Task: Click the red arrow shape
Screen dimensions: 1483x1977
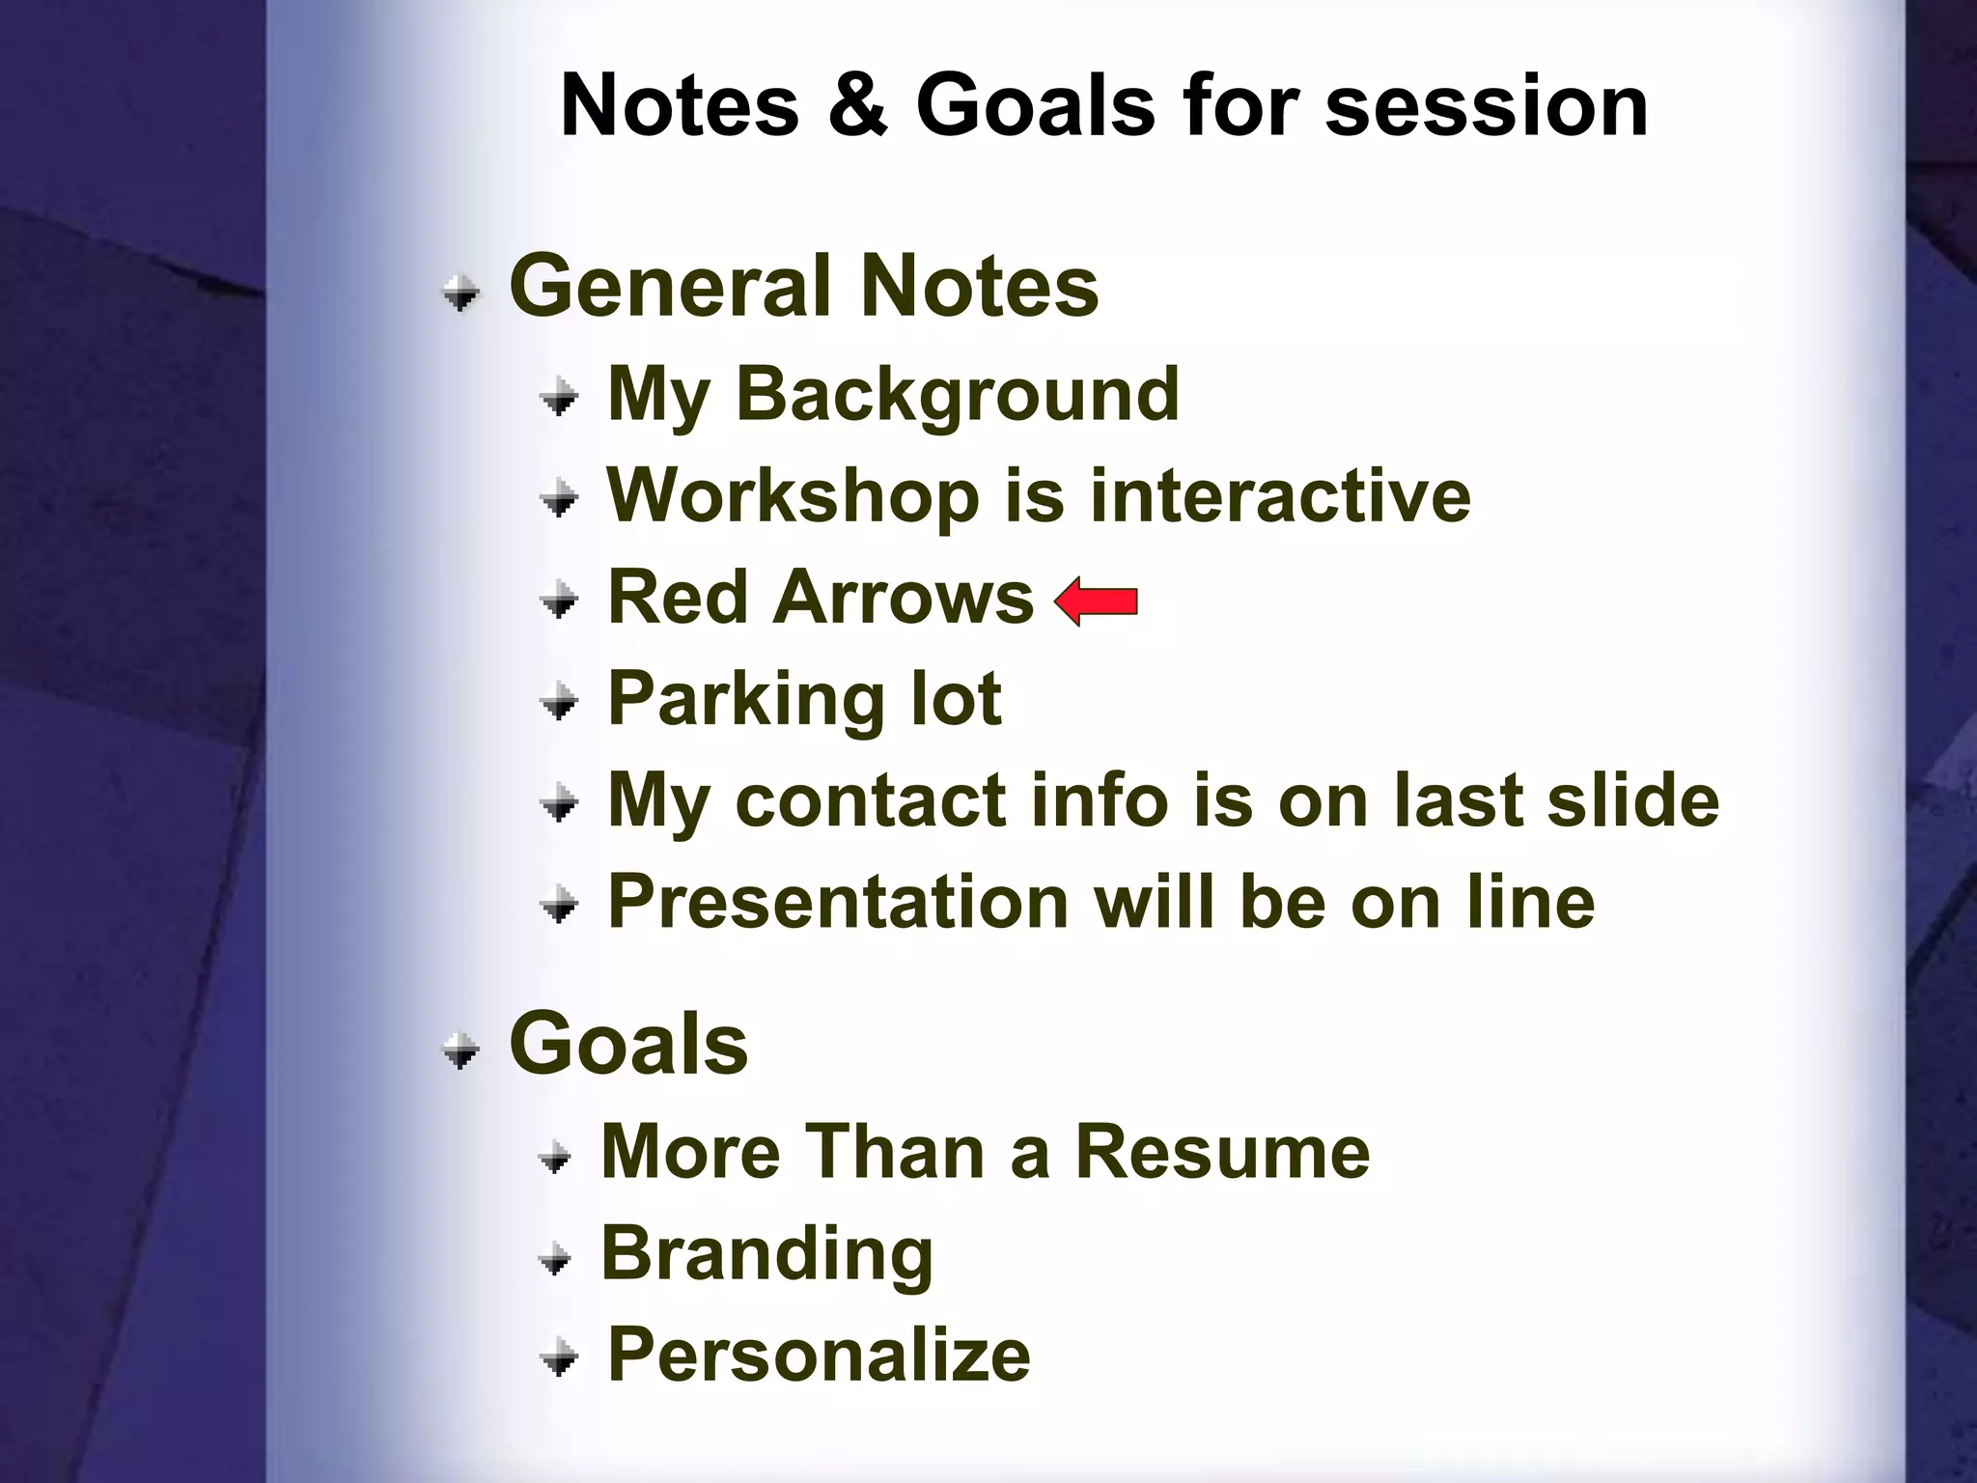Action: (x=1097, y=602)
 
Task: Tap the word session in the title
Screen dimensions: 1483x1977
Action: (x=1487, y=106)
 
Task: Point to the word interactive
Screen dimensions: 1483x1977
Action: (x=1280, y=495)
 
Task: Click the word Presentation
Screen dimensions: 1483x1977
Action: (x=837, y=902)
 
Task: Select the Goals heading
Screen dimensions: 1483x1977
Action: (x=628, y=1044)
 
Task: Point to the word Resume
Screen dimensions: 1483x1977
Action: (x=1222, y=1152)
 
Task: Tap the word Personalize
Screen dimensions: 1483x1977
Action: (x=819, y=1356)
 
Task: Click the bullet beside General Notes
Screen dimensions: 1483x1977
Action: (x=461, y=292)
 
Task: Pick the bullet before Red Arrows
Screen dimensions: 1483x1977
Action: (x=559, y=601)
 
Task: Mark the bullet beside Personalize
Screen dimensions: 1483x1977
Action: (x=559, y=1358)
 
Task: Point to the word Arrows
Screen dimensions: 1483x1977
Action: (x=904, y=598)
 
